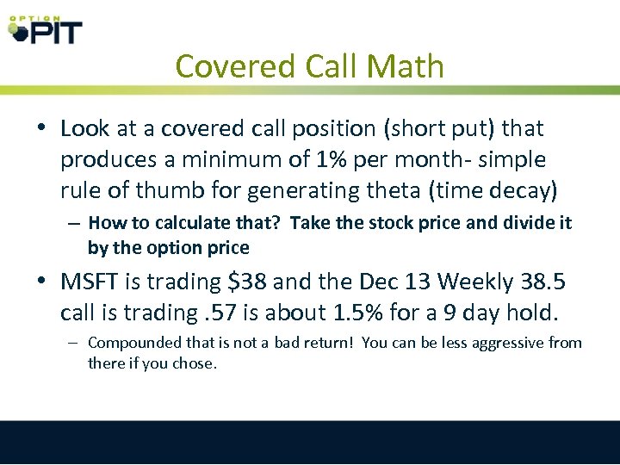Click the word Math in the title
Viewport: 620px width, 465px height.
(406, 66)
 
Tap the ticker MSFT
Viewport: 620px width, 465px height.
(90, 282)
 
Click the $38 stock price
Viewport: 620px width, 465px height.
(249, 282)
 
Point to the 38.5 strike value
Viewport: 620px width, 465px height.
(540, 282)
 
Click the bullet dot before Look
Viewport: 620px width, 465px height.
(40, 129)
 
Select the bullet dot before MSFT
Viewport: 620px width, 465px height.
(40, 282)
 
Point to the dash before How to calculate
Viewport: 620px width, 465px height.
(75, 223)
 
